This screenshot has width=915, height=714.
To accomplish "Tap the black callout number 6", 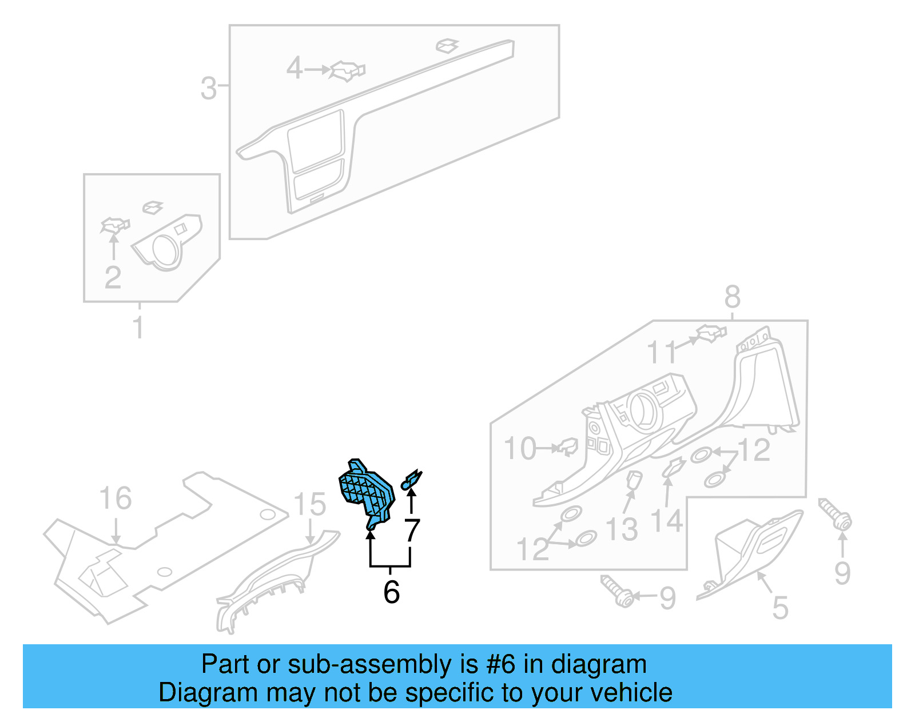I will point(392,592).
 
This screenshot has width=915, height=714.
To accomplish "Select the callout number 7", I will point(412,530).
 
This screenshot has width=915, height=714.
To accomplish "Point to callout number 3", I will point(209,89).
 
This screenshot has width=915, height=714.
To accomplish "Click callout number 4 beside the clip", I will point(294,68).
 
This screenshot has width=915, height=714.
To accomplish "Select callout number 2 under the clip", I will point(113,277).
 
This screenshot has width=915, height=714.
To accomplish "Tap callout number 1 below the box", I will point(138,327).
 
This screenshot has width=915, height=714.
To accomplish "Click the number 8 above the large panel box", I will point(733,297).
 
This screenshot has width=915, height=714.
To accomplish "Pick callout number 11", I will point(661,352).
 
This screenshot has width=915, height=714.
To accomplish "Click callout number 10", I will point(520,449).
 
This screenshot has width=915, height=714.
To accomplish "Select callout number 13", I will point(622,529).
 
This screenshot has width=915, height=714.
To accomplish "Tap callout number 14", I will point(667,521).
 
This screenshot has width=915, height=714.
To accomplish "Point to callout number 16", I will point(116,498).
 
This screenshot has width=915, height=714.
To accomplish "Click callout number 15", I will point(310,505).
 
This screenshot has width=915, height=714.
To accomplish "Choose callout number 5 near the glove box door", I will point(780,607).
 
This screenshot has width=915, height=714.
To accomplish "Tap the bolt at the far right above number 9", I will point(836,514).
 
